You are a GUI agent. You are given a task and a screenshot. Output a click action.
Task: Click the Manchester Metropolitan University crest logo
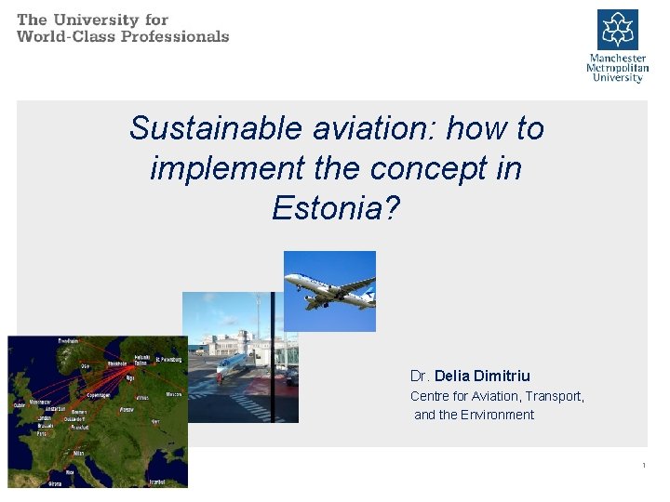[617, 29]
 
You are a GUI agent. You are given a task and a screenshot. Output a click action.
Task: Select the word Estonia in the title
[328, 208]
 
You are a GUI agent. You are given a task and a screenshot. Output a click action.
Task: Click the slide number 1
[643, 465]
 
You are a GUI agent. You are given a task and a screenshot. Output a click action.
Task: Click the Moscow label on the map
[174, 393]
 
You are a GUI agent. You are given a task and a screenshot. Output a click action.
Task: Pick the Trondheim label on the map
[67, 341]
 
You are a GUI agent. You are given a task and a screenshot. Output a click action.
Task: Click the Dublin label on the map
[19, 404]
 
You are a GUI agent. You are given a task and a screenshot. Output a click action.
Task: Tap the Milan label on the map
[78, 453]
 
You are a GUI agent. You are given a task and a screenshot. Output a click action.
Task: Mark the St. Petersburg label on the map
[170, 358]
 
